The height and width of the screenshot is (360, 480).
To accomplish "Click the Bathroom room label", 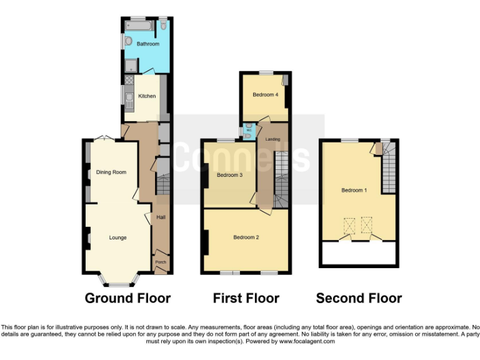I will [x=148, y=44].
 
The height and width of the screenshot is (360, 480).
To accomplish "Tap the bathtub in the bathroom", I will [x=137, y=26].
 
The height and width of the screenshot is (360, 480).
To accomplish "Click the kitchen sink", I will [x=129, y=98].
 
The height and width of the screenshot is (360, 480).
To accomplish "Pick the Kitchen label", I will [x=147, y=96].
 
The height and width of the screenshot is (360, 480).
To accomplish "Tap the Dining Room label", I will [x=111, y=172].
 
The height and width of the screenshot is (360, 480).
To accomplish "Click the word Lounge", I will [x=117, y=237].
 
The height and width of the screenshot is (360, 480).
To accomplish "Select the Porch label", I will [x=160, y=262].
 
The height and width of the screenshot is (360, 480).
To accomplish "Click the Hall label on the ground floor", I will [x=161, y=217].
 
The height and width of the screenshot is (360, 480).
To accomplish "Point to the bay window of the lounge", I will [x=119, y=281].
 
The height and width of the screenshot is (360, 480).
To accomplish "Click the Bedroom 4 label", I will [x=264, y=95].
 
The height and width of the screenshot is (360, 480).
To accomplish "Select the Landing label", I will [x=273, y=139].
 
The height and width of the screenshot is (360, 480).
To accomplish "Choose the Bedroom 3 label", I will [x=229, y=175].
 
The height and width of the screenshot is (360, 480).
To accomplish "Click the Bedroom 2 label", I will [x=246, y=237].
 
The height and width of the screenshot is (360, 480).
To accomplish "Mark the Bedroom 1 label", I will [x=354, y=190].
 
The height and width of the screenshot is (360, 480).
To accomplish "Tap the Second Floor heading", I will [x=359, y=298].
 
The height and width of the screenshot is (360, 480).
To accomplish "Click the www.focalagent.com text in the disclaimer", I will [x=306, y=341].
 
